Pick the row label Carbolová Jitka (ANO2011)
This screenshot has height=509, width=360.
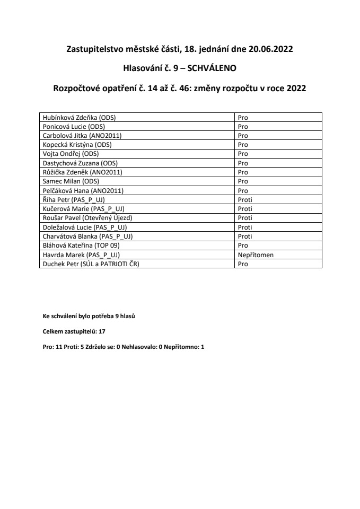tap(82, 135)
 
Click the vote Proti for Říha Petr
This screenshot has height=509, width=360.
tap(244, 199)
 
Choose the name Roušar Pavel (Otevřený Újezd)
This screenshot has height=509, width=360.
tap(86, 217)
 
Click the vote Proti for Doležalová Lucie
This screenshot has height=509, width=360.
tap(244, 227)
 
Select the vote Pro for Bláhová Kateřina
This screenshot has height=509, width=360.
tap(243, 245)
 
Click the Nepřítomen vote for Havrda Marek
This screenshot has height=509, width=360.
tap(255, 254)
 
